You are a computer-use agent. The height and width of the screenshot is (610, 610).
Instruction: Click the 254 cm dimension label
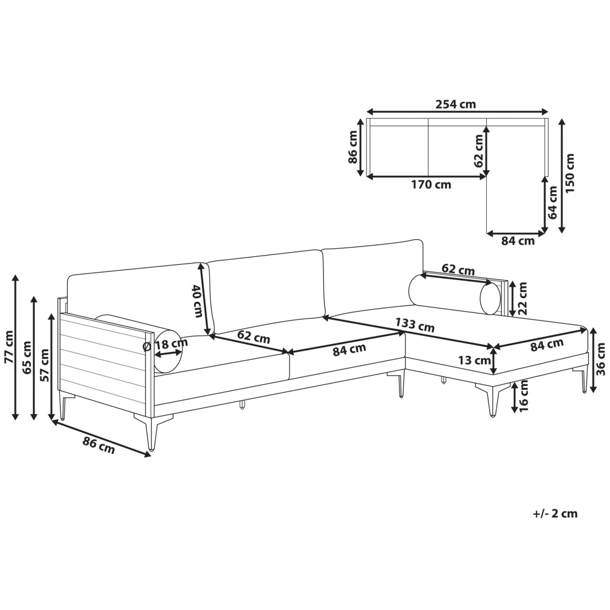click(456, 104)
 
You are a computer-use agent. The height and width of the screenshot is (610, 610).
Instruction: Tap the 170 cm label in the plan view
click(431, 184)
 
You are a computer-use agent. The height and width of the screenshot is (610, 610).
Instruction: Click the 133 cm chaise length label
click(415, 325)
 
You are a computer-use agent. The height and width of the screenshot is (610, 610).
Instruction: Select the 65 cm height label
click(27, 357)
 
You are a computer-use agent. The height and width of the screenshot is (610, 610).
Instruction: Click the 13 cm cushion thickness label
click(474, 361)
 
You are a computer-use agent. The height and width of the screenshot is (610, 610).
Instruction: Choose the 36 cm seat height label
click(601, 359)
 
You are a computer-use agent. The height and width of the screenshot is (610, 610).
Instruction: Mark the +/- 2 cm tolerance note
click(555, 514)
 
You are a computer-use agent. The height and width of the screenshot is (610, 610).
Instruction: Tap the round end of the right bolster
click(490, 298)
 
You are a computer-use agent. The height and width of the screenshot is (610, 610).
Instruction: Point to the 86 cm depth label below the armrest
click(99, 445)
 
